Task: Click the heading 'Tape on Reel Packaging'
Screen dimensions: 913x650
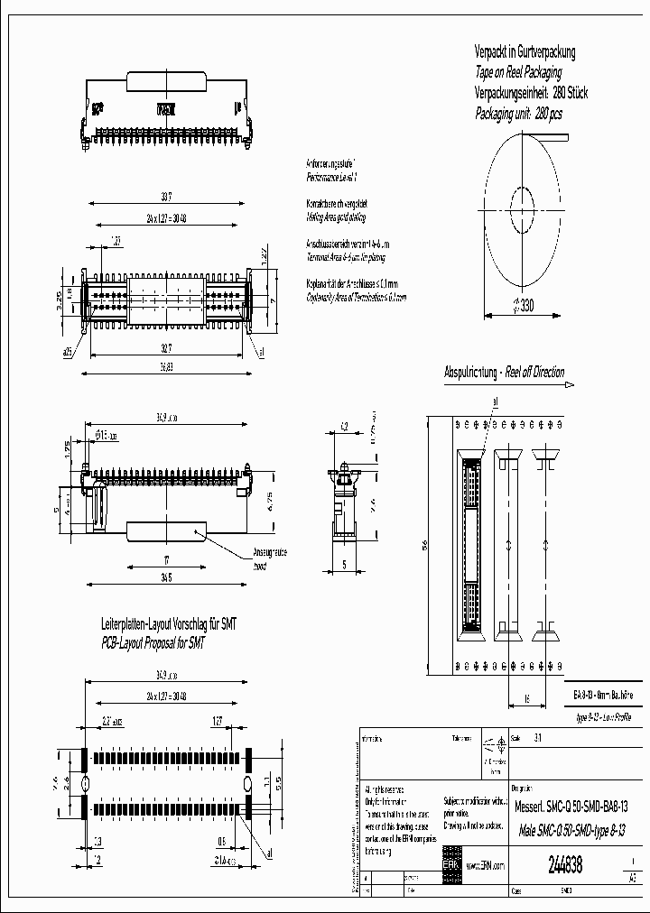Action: click(518, 72)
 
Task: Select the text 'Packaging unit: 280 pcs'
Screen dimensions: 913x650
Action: click(518, 114)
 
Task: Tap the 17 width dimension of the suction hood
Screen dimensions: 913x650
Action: click(167, 560)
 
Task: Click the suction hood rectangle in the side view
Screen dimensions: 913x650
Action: click(167, 533)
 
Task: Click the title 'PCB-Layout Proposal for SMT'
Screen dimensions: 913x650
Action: click(153, 644)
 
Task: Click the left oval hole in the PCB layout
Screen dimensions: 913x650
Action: click(88, 782)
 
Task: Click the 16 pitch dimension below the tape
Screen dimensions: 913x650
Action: click(526, 697)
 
